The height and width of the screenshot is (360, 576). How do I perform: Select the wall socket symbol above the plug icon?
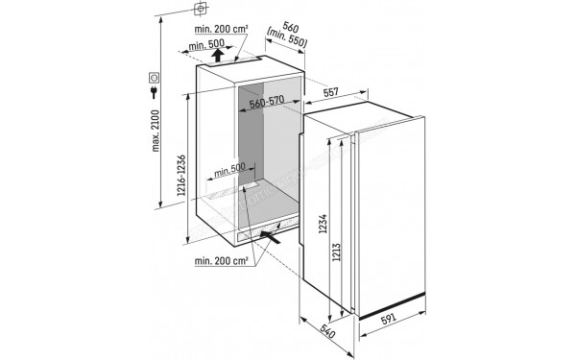tap(155, 77)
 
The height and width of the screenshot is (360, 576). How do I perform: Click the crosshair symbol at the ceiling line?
tap(200, 9)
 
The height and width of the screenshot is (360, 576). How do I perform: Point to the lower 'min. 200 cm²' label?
tap(221, 260)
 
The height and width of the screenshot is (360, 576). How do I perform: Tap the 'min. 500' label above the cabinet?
tap(207, 44)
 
